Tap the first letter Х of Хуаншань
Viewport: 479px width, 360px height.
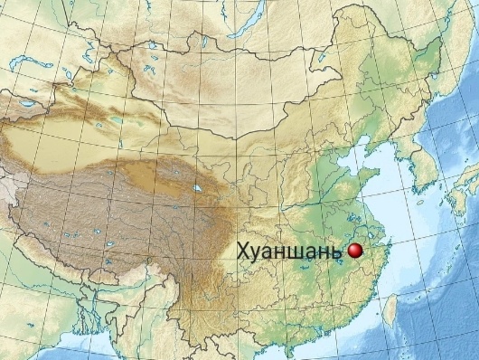pyautogui.click(x=242, y=252)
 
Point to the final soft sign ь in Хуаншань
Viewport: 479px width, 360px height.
pyautogui.click(x=339, y=252)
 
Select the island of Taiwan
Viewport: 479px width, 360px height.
pyautogui.click(x=390, y=310)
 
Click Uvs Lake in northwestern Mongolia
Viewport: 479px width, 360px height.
pyautogui.click(x=161, y=46)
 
